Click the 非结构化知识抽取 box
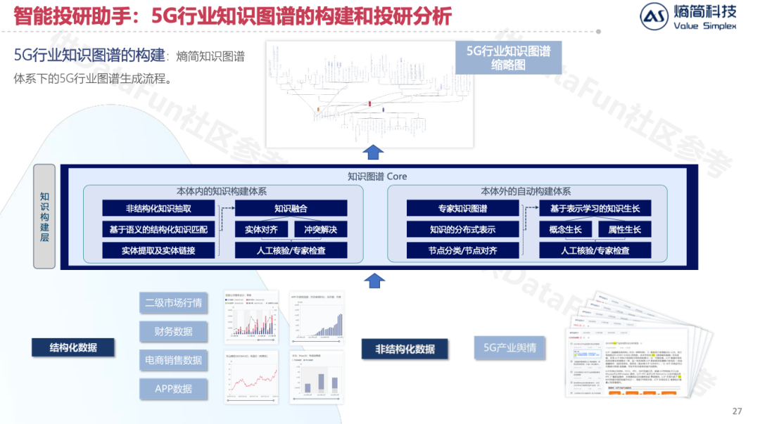click(158, 208)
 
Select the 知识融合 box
click(291, 208)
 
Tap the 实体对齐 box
click(261, 229)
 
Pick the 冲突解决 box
click(320, 229)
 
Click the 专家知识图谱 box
click(463, 208)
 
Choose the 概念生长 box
click(566, 229)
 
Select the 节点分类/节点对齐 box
click(463, 250)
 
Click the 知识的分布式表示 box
click(463, 229)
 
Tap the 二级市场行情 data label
click(173, 302)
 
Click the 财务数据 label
click(173, 331)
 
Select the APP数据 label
click(173, 389)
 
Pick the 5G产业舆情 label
click(509, 347)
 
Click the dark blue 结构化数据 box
click(73, 347)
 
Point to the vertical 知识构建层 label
click(44, 217)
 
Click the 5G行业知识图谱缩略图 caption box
click(509, 58)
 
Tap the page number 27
click(737, 411)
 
